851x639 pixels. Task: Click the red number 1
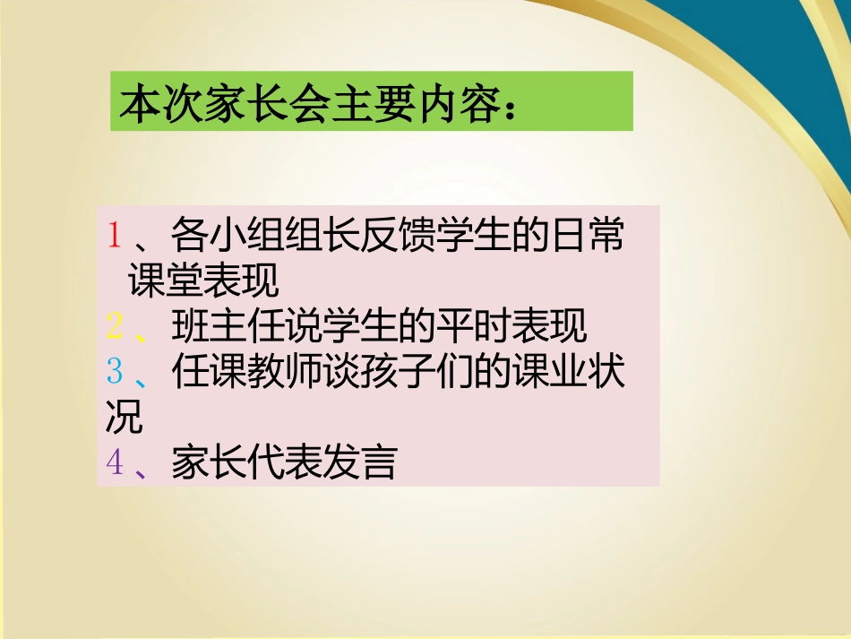point(114,235)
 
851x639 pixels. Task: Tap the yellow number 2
point(114,326)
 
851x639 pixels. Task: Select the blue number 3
point(114,372)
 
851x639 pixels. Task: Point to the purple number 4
point(114,462)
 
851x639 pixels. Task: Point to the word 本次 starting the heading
point(150,102)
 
